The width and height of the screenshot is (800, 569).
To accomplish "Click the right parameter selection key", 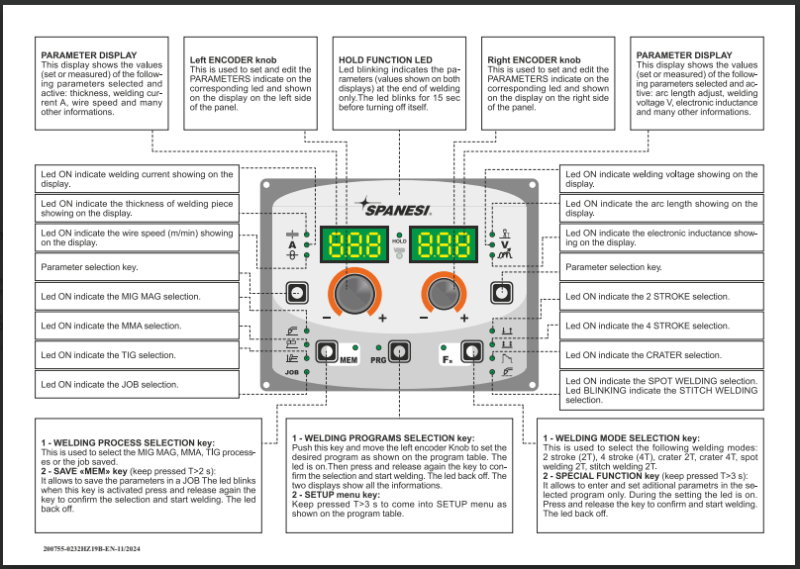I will (502, 292).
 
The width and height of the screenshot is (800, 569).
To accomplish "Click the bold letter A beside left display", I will (292, 243).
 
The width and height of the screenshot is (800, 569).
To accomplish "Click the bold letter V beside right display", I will (504, 243).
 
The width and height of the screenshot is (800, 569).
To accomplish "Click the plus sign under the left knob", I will (382, 318).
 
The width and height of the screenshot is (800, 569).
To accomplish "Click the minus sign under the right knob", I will (424, 318).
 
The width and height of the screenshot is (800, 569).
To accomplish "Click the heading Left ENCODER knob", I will (233, 59).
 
